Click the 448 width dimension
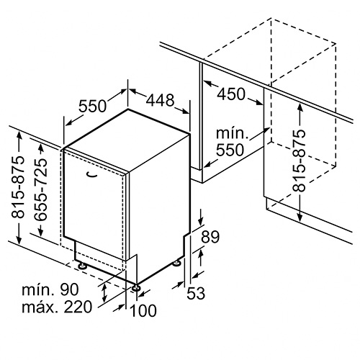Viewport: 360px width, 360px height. click(160, 100)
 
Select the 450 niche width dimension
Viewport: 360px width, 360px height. click(231, 94)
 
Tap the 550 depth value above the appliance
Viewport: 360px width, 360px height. click(93, 106)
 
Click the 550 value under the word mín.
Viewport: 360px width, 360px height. click(230, 150)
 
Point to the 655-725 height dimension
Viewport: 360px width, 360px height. click(40, 189)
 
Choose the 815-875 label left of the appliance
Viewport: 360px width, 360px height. click(18, 187)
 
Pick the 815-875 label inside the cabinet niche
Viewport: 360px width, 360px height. click(299, 161)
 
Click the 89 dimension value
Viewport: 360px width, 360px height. click(210, 237)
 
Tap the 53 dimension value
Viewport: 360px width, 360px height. click(196, 293)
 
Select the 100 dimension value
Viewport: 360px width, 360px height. click(143, 310)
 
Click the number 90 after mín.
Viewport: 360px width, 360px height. click(69, 289)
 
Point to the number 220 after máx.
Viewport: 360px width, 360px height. click(78, 307)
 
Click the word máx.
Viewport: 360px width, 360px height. click(40, 307)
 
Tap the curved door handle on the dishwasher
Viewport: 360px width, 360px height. click(91, 175)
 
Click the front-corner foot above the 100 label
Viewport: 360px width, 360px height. click(137, 288)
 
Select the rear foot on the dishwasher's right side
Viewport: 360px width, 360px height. click(177, 263)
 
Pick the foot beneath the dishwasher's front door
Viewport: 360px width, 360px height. click(82, 266)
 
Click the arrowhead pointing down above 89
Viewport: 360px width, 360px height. click(201, 220)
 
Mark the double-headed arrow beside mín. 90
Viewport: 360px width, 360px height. click(104, 292)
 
